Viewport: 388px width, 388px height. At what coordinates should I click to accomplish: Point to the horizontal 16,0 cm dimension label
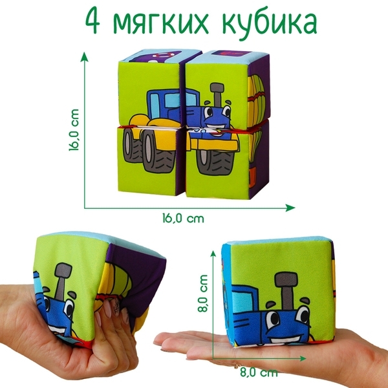[x=182, y=218]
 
